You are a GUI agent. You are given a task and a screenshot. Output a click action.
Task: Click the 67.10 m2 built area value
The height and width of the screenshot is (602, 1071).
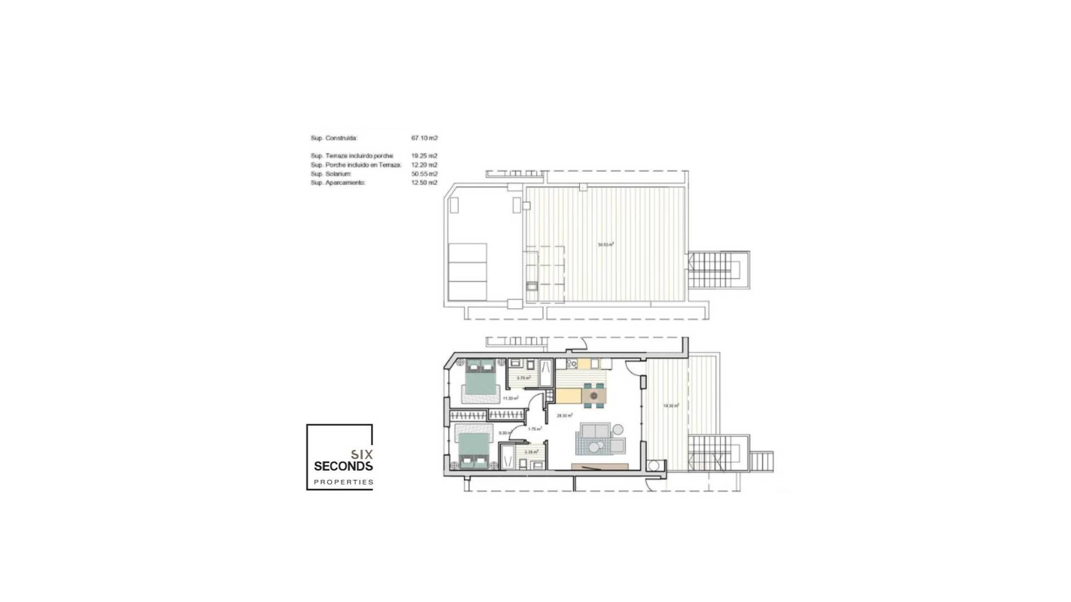[424, 138]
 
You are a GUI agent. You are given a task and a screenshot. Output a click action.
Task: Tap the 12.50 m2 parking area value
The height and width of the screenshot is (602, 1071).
[424, 183]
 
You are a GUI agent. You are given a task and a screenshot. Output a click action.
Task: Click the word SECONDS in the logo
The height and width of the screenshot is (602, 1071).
[343, 466]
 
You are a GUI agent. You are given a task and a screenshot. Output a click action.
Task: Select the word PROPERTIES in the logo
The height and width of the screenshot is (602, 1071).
[343, 482]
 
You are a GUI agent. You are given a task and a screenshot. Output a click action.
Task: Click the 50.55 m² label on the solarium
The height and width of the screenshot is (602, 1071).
[606, 244]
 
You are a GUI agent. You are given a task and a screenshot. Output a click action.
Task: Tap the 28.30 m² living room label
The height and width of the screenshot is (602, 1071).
[565, 415]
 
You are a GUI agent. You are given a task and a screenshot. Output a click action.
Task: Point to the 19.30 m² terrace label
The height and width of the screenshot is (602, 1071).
[670, 406]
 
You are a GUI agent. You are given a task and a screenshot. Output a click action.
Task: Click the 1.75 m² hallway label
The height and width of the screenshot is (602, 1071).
[534, 429]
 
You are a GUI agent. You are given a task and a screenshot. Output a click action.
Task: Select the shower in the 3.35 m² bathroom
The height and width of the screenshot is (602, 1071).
[508, 457]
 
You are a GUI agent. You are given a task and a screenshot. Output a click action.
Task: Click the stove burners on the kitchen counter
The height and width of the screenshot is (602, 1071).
[571, 364]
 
